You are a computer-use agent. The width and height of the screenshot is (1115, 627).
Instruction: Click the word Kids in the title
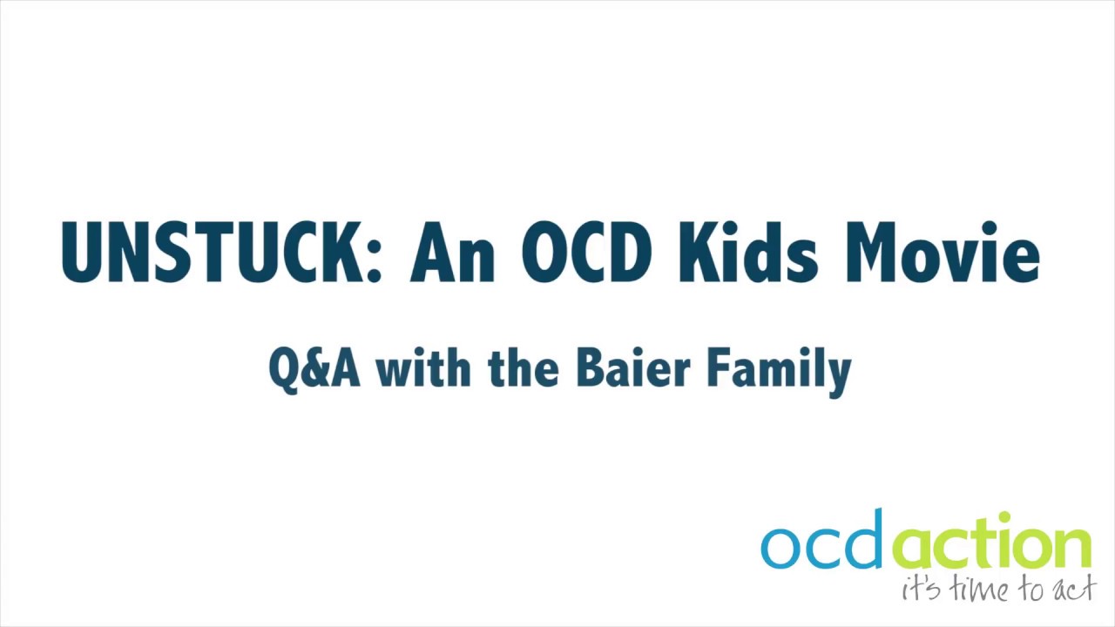748,253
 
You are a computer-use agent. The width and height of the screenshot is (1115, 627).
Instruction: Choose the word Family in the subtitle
778,371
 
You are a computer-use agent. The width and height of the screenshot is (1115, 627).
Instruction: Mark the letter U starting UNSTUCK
80,253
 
